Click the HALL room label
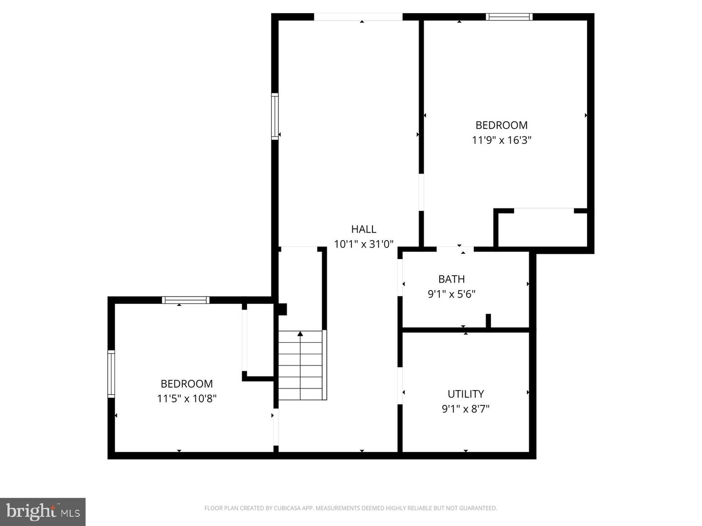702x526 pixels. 364,229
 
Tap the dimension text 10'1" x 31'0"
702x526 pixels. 364,244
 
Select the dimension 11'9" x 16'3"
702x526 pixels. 501,140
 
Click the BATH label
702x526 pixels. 451,279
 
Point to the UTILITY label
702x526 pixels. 466,394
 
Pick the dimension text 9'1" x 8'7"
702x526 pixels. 466,409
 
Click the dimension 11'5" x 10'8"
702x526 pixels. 187,398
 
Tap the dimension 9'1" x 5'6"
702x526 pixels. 451,294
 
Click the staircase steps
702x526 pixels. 300,365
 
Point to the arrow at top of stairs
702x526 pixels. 300,334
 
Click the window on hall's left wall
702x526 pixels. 275,116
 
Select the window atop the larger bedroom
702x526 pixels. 509,17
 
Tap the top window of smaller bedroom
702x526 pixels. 186,300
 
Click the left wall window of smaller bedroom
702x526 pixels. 111,374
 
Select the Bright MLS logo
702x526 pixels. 43,511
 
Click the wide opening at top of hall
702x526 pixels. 358,17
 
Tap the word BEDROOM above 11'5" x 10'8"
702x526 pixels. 187,383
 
